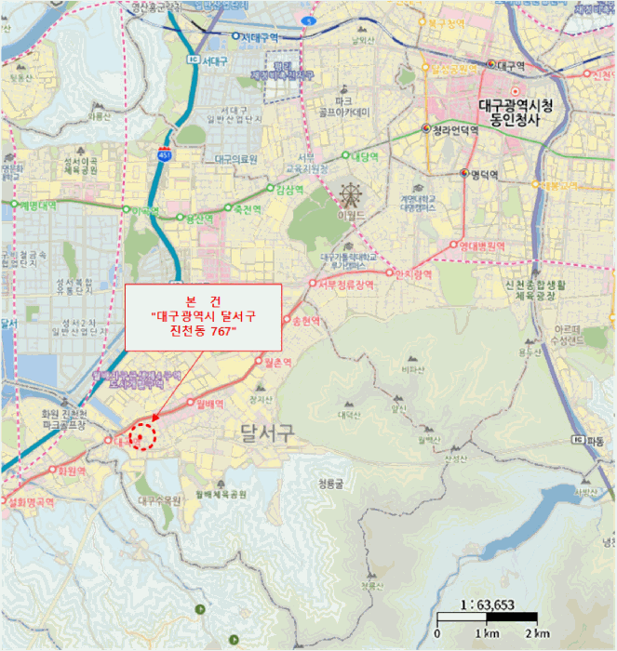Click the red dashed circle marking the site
(141, 437)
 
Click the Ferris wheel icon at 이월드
(352, 196)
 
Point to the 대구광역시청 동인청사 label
(515, 113)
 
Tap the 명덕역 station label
(484, 175)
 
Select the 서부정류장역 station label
(345, 284)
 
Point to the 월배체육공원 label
(221, 495)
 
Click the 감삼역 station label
(289, 190)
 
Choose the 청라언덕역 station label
(455, 130)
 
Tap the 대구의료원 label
(235, 159)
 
